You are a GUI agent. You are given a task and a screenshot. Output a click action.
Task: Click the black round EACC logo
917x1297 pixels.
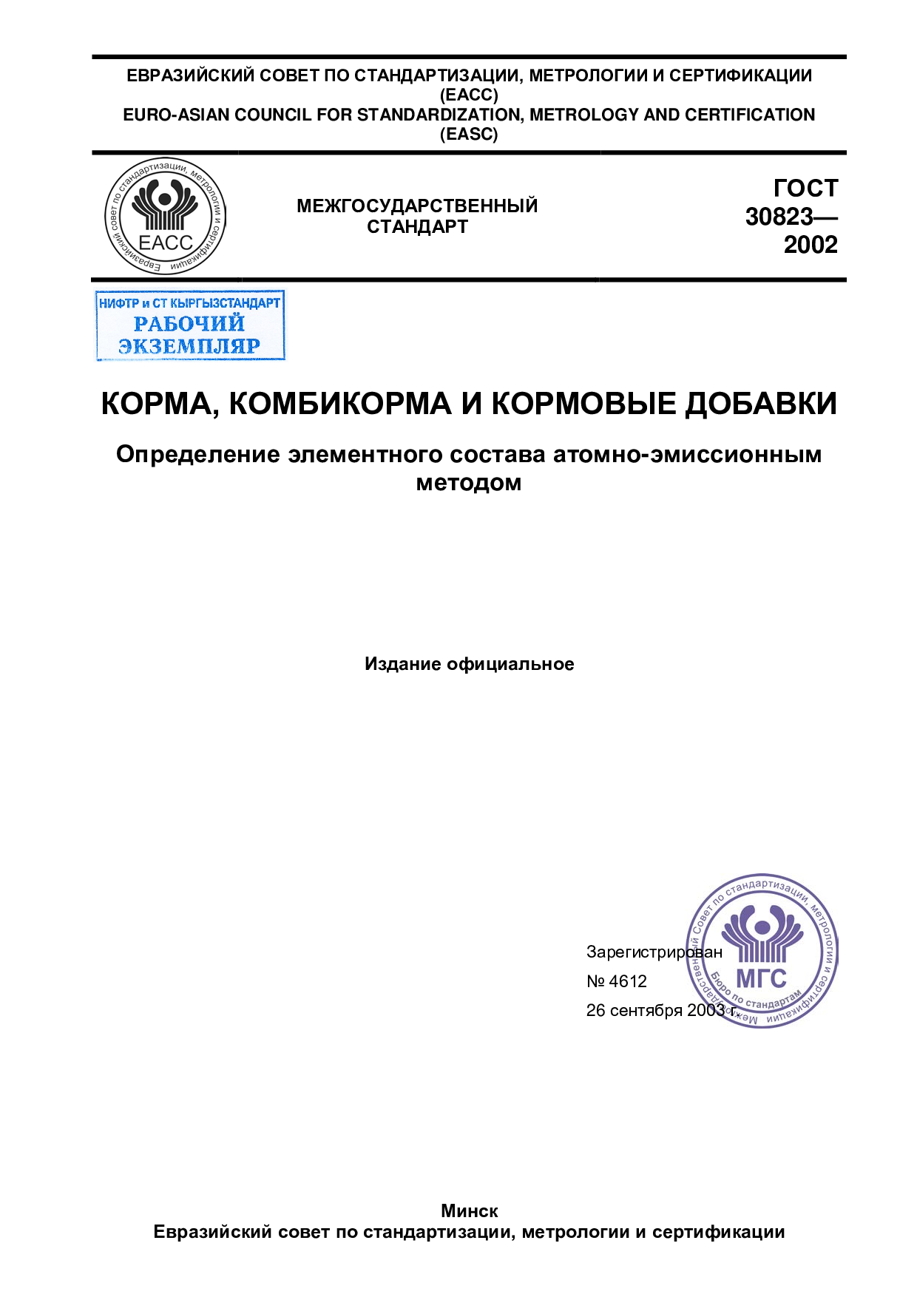pyautogui.click(x=166, y=216)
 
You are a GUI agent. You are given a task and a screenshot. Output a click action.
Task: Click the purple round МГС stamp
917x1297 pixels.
pyautogui.click(x=762, y=951)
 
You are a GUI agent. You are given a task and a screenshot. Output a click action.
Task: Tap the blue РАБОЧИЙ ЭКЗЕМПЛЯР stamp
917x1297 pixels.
pyautogui.click(x=190, y=325)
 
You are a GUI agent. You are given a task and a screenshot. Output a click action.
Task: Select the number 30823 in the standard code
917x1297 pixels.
pyautogui.click(x=779, y=217)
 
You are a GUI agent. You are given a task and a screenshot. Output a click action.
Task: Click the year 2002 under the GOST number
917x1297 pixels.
pyautogui.click(x=811, y=245)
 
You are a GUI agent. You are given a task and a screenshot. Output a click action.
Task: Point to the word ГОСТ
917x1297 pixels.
pyautogui.click(x=806, y=189)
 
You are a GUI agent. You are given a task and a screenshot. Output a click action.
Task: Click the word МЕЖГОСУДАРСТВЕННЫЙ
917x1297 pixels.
pyautogui.click(x=417, y=206)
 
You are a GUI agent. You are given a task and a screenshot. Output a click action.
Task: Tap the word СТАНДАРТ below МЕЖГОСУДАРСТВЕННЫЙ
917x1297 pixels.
pyautogui.click(x=417, y=227)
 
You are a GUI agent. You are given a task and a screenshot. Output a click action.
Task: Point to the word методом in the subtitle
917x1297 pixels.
pyautogui.click(x=469, y=483)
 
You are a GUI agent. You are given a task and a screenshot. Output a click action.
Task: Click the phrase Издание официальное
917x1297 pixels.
pyautogui.click(x=469, y=664)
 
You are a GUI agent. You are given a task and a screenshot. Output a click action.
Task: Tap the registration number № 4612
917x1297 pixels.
pyautogui.click(x=616, y=981)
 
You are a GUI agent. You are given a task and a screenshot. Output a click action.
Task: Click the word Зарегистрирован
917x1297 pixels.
pyautogui.click(x=654, y=952)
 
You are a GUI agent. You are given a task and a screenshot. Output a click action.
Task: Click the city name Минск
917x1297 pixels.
pyautogui.click(x=469, y=1211)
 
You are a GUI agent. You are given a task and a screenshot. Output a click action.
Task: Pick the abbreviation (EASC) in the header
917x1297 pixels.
pyautogui.click(x=469, y=134)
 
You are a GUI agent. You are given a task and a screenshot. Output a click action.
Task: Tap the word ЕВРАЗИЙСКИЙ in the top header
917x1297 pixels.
pyautogui.click(x=190, y=75)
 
